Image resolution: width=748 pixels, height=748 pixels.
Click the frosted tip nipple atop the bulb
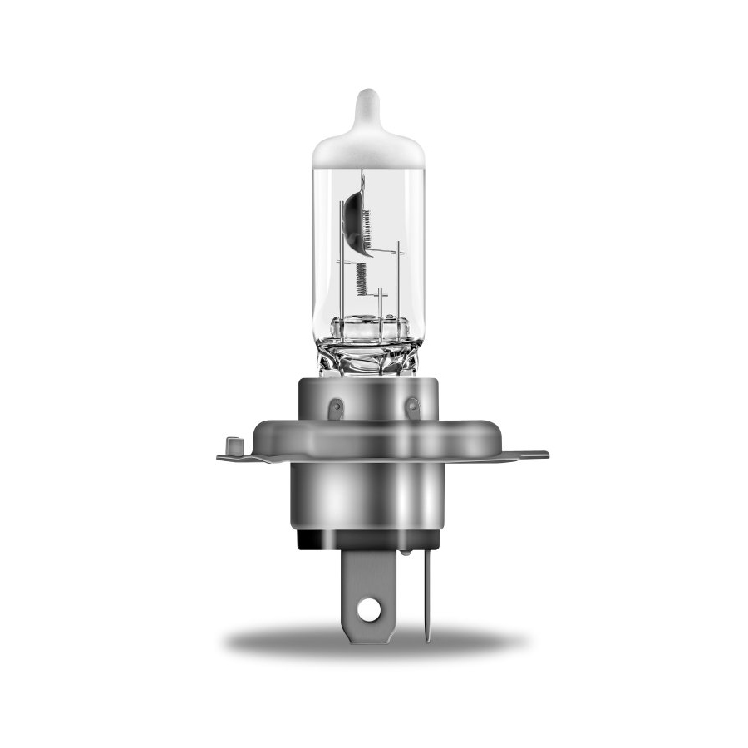[x=368, y=109]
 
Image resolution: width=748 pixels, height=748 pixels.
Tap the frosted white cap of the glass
[x=368, y=150]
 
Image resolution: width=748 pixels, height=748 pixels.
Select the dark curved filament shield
[x=352, y=218]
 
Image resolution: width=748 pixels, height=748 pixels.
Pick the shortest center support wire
[x=380, y=303]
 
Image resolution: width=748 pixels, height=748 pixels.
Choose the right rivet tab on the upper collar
[x=411, y=407]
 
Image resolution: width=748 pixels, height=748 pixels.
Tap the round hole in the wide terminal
[x=370, y=608]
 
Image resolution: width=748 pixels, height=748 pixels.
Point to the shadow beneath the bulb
[x=374, y=642]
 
